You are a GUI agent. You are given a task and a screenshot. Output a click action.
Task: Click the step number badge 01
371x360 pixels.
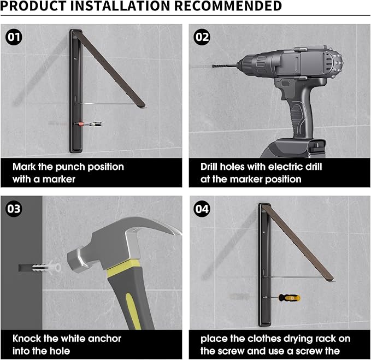[x=14, y=37]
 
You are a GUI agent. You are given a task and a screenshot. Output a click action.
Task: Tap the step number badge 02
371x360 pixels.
[x=202, y=37]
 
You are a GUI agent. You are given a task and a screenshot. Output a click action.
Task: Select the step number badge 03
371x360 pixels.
[x=14, y=209]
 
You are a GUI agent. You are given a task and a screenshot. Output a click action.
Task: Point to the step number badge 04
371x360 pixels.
[x=202, y=209]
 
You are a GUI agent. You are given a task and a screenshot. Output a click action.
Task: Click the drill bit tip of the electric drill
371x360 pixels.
[x=213, y=66]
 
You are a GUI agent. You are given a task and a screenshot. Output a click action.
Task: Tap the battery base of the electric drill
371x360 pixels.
[x=293, y=149]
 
